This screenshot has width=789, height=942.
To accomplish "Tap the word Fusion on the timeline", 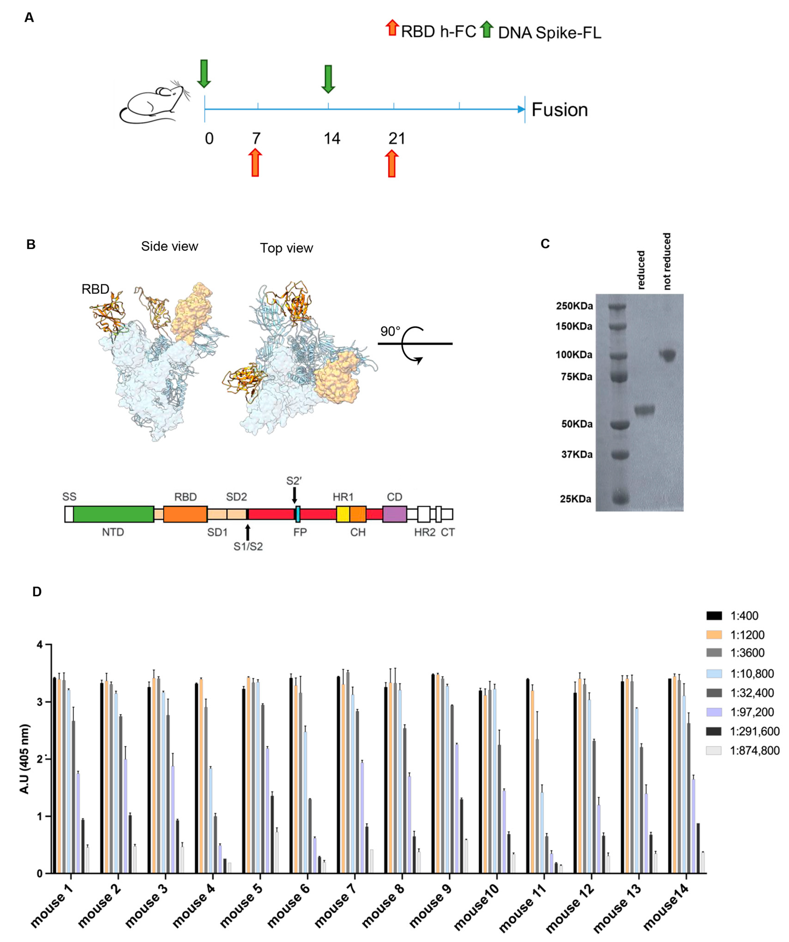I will coord(559,110).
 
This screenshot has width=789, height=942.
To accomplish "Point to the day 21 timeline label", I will coord(396,139).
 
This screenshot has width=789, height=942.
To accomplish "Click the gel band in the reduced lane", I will coord(644,410).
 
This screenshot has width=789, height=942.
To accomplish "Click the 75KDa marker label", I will coord(576,377).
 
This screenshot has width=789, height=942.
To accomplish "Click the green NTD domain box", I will coord(114,514).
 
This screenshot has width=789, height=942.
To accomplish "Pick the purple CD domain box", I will coord(394,514).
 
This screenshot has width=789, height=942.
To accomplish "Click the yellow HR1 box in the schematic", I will coord(343,514).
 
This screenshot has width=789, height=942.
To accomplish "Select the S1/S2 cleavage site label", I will coord(248,546).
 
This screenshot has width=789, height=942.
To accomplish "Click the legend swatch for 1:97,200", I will coord(714,712).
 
